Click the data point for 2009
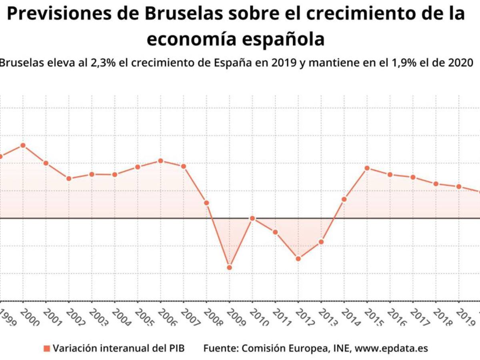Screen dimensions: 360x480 230,267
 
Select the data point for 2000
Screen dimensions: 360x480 23,145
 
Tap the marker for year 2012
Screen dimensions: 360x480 298,258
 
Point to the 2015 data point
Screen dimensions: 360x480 367,168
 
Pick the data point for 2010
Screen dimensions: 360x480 252,218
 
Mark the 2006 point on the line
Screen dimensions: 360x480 161,161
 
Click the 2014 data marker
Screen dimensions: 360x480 344,199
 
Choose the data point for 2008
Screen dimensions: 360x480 207,203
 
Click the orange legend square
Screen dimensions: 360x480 47,348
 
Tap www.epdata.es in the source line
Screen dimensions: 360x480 391,348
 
